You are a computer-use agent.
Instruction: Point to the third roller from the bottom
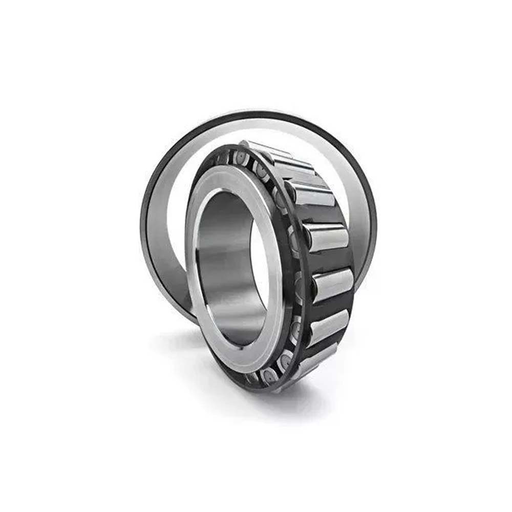coord(333,284)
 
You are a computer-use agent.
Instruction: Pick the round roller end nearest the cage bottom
coord(269,376)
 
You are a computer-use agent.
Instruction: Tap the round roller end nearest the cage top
coord(241,158)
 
